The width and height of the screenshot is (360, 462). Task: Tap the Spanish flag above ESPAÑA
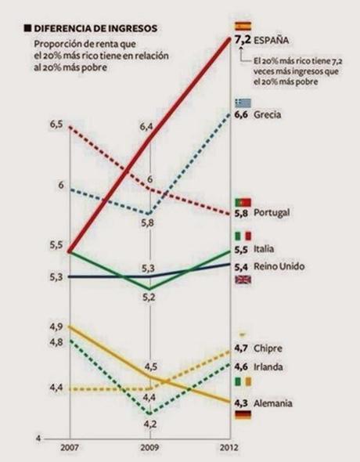click(x=243, y=25)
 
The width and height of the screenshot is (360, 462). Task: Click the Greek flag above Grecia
click(x=243, y=103)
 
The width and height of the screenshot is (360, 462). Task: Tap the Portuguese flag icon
click(x=243, y=201)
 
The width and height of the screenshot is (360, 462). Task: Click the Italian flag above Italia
click(x=243, y=236)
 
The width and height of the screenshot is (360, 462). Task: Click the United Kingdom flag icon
click(x=243, y=279)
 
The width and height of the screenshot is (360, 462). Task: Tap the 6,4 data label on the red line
click(x=147, y=126)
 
